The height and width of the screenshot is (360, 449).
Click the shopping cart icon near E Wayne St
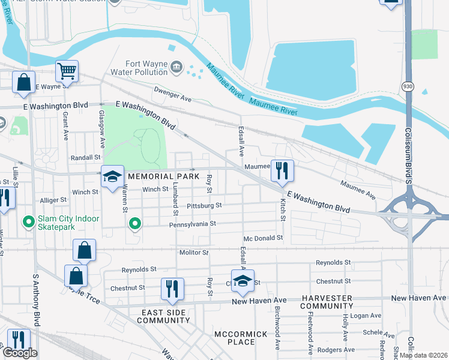[x=67, y=71]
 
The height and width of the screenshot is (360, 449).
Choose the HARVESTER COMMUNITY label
[x=328, y=302]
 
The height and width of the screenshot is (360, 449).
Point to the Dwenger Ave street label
[x=172, y=91]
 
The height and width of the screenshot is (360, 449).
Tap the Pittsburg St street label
[x=204, y=205]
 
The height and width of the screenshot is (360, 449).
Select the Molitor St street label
[x=194, y=253]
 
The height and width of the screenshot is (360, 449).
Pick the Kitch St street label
[x=282, y=209]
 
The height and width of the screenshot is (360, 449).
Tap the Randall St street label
[x=85, y=157]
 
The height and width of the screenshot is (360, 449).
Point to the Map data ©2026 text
[x=423, y=355]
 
